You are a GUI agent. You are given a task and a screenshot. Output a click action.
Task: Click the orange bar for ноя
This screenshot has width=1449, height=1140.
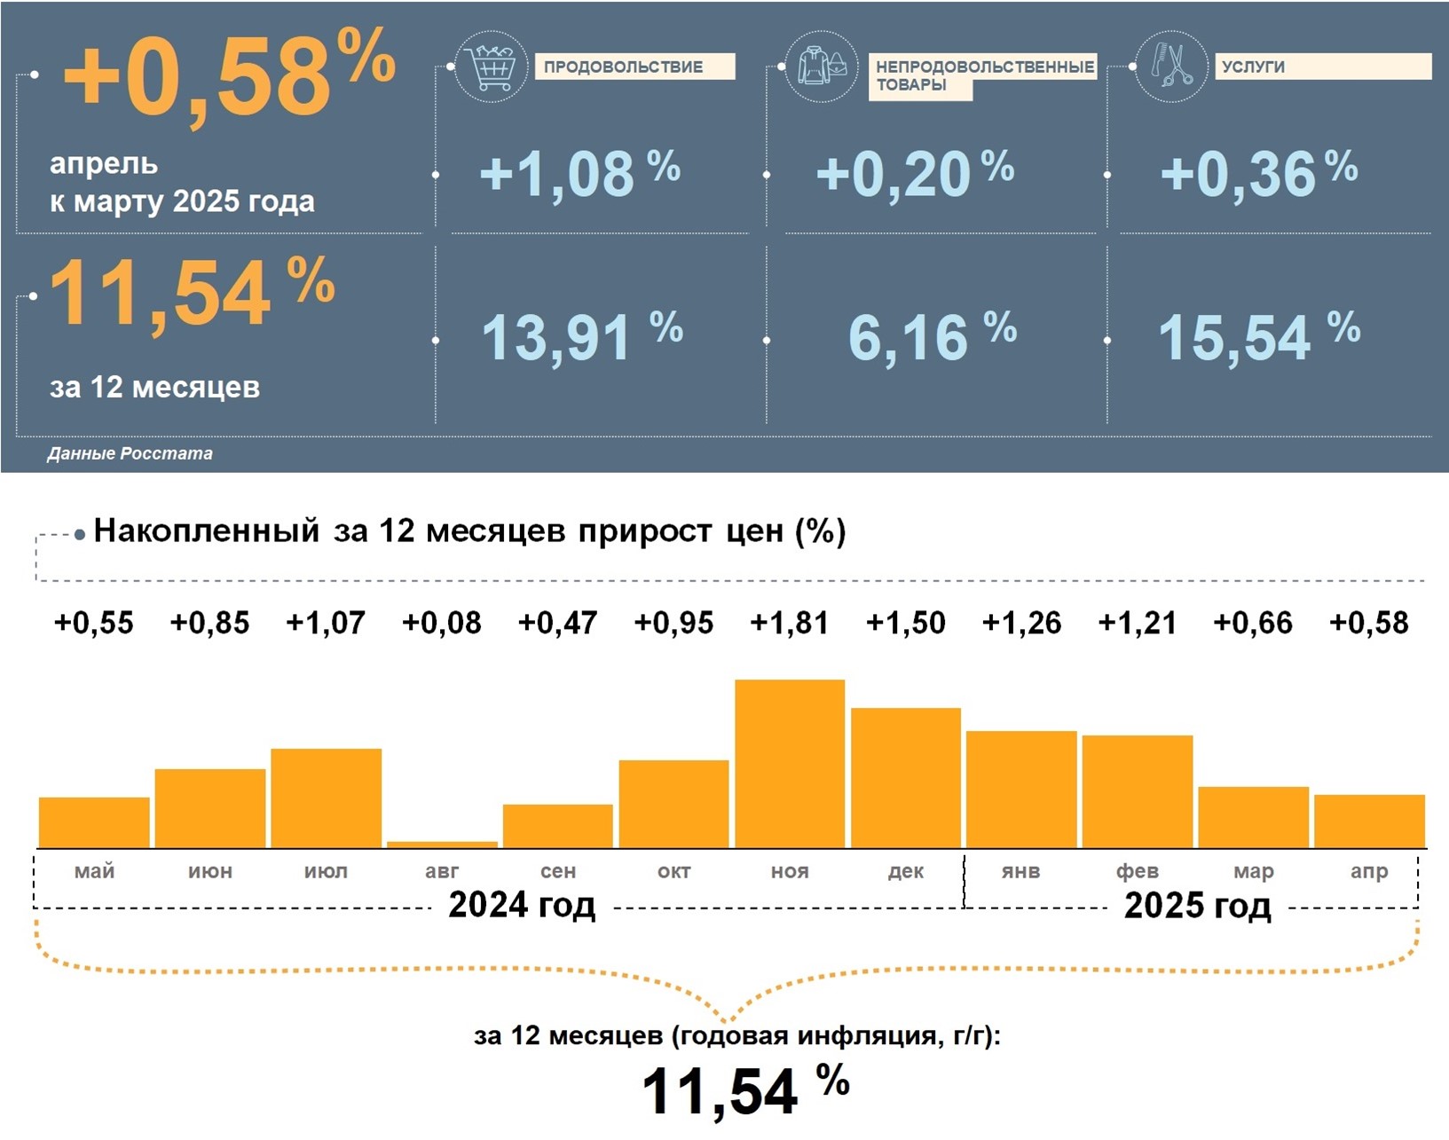click(x=790, y=763)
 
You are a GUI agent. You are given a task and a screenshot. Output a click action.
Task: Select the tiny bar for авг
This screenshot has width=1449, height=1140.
click(x=442, y=845)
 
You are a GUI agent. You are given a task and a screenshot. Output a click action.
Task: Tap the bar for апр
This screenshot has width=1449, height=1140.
click(x=1369, y=821)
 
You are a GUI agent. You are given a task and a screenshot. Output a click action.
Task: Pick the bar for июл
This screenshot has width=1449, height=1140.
click(x=326, y=798)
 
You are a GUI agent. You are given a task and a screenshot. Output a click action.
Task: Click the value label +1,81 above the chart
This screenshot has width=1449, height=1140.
click(x=790, y=623)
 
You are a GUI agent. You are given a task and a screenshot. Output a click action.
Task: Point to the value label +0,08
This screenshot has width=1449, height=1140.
click(x=442, y=623)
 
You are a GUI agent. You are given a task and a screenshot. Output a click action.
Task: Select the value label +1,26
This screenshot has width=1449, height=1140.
click(x=1021, y=623)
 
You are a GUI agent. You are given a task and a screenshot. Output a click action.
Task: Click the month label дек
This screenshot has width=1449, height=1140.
click(x=905, y=871)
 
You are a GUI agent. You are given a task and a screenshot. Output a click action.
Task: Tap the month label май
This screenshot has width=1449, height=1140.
click(x=94, y=871)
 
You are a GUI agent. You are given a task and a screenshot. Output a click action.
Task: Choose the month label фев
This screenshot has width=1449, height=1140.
click(x=1137, y=871)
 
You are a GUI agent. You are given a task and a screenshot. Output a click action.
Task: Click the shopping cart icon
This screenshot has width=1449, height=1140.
click(x=491, y=67)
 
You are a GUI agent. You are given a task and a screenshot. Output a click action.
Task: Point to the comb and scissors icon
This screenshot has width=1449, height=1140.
click(x=1171, y=66)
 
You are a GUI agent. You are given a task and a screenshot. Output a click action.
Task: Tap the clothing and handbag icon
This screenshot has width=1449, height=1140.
click(x=821, y=66)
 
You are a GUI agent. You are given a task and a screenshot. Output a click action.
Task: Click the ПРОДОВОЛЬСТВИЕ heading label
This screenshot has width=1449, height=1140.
click(x=624, y=67)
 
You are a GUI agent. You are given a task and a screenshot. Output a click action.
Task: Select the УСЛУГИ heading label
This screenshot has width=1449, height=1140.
click(x=1253, y=67)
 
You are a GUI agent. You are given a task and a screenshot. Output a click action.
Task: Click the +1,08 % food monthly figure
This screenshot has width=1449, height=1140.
click(x=579, y=173)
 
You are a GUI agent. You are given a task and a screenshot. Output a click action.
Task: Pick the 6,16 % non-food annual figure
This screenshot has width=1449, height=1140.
click(x=932, y=337)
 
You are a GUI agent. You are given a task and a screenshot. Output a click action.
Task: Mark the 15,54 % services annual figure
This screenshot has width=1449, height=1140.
click(x=1258, y=337)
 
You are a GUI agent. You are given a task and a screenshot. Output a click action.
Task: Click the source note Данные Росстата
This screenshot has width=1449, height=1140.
click(x=130, y=453)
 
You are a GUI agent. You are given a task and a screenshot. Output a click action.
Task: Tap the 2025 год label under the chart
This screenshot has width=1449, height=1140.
click(x=1197, y=906)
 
